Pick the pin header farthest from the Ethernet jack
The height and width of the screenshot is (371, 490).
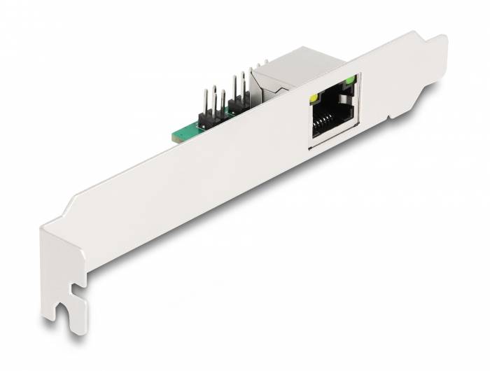[x=210, y=105]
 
